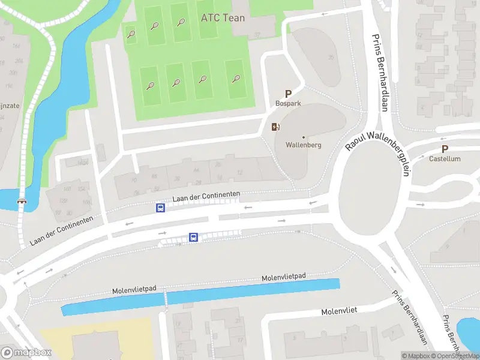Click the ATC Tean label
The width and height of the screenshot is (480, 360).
(x=223, y=18)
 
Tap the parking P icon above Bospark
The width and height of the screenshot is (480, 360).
(x=288, y=94)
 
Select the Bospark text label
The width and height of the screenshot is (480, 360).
(x=288, y=103)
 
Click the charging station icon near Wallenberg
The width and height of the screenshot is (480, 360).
(x=275, y=126)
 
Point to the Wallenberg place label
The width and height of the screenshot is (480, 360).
(x=304, y=145)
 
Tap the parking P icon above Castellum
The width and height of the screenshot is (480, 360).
(x=445, y=149)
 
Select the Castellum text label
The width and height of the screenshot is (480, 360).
(x=445, y=159)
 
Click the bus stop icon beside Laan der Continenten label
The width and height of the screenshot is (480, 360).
(x=160, y=208)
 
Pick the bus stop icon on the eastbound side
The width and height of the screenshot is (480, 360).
(x=193, y=237)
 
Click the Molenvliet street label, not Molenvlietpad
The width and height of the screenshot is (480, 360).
(x=339, y=311)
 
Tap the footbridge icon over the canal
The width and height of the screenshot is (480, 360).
(x=22, y=202)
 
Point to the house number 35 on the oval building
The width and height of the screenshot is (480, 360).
(x=330, y=58)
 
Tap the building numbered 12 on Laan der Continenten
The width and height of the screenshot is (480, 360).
(x=240, y=173)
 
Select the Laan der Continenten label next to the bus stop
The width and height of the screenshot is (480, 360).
(x=206, y=196)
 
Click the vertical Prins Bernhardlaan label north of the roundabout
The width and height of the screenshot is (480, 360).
(x=380, y=72)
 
